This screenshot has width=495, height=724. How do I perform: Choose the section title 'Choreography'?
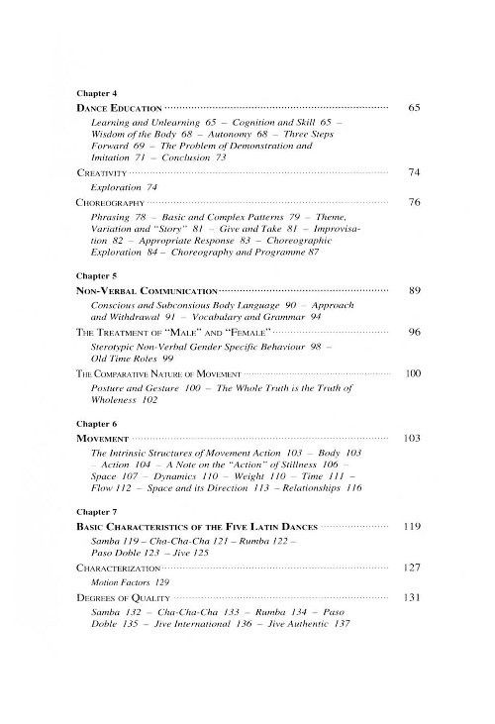coord(111,201)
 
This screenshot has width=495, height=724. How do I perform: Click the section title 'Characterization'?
coord(122,569)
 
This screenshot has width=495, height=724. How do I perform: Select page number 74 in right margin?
coord(415,172)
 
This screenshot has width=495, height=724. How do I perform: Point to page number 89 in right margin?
coord(415,291)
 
